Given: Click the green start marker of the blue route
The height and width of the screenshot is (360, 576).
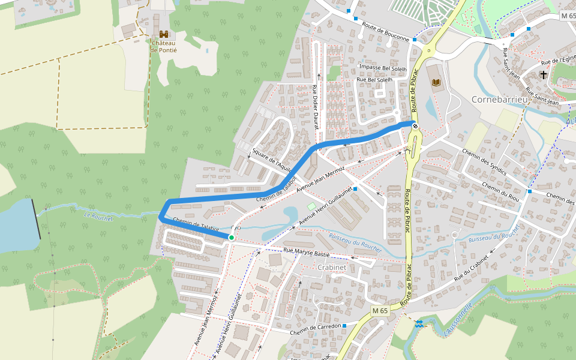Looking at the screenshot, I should coord(231,238).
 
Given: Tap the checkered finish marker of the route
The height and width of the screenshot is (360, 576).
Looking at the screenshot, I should coord(414,125).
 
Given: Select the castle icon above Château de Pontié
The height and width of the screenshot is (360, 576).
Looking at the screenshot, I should coord(163,34).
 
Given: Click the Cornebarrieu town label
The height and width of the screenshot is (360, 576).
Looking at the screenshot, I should coord(499,99).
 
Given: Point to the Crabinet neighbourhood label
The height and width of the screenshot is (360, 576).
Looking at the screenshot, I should coord(333,267).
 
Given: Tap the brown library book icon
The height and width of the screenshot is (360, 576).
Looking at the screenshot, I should coord(436,82).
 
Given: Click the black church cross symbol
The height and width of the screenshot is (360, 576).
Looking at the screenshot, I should coord(544,75).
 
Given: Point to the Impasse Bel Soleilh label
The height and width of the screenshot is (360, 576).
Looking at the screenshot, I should coord(382,68).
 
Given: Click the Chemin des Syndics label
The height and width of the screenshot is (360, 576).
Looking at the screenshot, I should coord(485,162).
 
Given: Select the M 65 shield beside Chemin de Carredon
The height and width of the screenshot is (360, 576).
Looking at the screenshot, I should coord(379,311).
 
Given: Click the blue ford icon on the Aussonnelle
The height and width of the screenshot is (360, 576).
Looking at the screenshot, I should coord(418,324).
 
